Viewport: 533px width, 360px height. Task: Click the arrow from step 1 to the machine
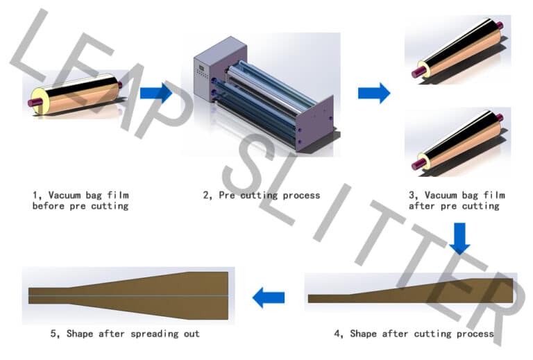pyautogui.click(x=155, y=92)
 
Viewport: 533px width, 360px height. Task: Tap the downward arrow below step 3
pyautogui.click(x=459, y=238)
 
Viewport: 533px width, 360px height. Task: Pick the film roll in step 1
pyautogui.click(x=76, y=93)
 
